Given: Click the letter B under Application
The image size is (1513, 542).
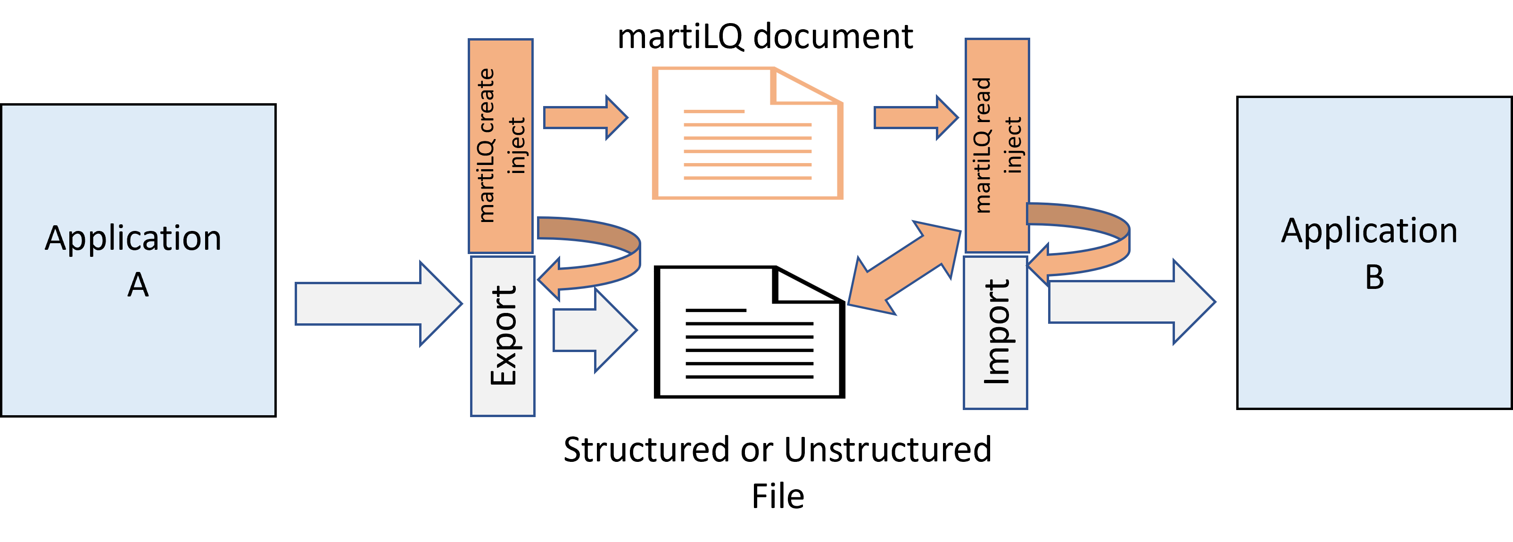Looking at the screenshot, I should (1374, 277).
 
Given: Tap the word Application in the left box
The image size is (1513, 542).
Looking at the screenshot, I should (133, 238).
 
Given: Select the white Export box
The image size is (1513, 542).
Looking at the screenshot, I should (503, 336).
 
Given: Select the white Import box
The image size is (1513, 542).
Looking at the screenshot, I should (996, 332).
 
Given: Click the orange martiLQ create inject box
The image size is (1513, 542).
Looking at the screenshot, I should (500, 146).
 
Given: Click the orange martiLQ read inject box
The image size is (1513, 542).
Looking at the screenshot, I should (997, 146).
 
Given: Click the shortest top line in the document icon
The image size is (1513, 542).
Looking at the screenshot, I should (714, 111).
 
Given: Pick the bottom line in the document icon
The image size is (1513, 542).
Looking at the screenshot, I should (747, 178).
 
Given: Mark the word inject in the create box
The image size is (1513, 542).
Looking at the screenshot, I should (517, 146).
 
